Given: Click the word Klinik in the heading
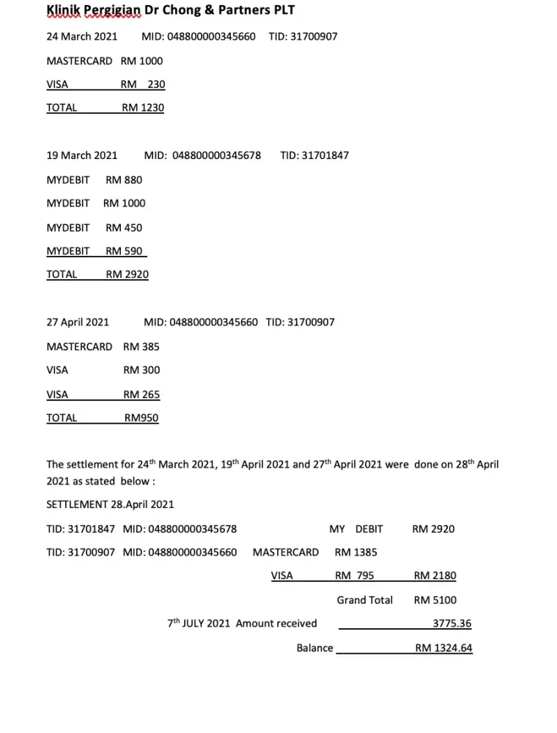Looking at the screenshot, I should (62, 10).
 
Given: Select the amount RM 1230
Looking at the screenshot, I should (143, 108).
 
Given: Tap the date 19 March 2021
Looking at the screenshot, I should (82, 155).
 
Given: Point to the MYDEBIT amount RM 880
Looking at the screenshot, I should (124, 180).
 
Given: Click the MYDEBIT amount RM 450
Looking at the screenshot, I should (124, 227).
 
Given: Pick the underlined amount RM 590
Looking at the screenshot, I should (124, 251).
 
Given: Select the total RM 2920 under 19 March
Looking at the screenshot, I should (127, 274).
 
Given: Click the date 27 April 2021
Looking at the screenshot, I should (78, 322).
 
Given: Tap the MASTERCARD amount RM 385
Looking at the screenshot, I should (141, 346).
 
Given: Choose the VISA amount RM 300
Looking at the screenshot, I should (141, 370).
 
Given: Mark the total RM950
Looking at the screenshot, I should (141, 418).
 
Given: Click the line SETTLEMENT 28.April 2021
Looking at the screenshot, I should (110, 504).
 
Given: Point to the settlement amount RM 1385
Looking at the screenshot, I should (356, 552).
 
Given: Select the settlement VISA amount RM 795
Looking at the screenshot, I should (355, 576).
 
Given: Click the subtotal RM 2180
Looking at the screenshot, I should (435, 576).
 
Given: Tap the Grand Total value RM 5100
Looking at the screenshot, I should (435, 600).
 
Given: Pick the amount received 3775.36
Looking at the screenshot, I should (451, 624).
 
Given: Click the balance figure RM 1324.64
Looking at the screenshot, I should (443, 648).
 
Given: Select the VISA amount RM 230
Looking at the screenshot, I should (143, 84).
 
